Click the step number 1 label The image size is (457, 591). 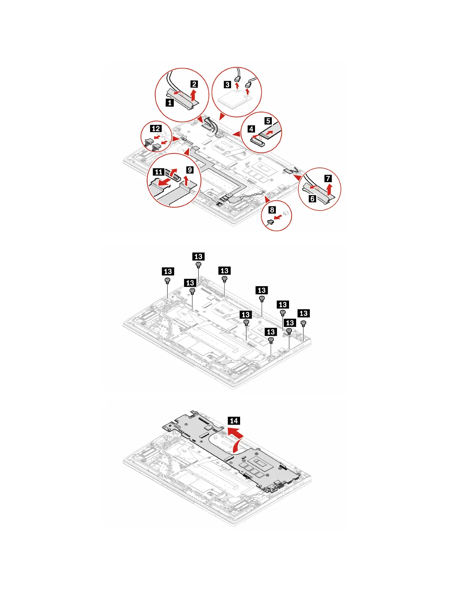pyautogui.click(x=170, y=102)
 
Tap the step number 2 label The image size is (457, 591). pyautogui.click(x=194, y=84)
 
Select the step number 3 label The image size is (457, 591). pyautogui.click(x=227, y=84)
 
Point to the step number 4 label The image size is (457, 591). pyautogui.click(x=251, y=129)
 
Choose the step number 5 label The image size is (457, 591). pyautogui.click(x=268, y=121)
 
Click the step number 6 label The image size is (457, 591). pyautogui.click(x=313, y=199)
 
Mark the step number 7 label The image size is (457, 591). pyautogui.click(x=328, y=179)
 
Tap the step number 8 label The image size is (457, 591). pyautogui.click(x=272, y=210)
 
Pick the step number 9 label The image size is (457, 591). pyautogui.click(x=190, y=170)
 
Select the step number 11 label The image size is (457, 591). pyautogui.click(x=159, y=172)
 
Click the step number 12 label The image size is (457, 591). pyautogui.click(x=156, y=129)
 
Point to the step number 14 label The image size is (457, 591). pyautogui.click(x=234, y=421)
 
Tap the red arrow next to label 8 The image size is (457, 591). pyautogui.click(x=278, y=217)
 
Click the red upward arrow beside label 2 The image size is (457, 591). pyautogui.click(x=193, y=94)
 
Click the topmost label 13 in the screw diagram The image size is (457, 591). pyautogui.click(x=198, y=256)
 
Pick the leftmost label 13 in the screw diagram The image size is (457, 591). pyautogui.click(x=168, y=271)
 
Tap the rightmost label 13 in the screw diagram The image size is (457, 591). pyautogui.click(x=304, y=313)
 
